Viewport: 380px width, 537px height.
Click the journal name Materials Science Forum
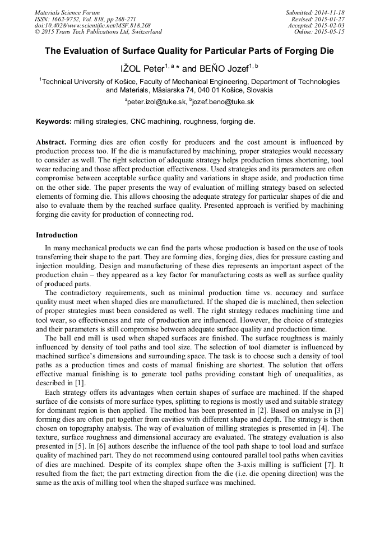tap(67, 12)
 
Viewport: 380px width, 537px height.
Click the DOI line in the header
tap(92, 26)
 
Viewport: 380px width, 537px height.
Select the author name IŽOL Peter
tap(142, 69)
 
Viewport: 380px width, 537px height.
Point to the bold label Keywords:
tap(54, 122)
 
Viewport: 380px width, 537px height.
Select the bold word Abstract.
tap(52, 143)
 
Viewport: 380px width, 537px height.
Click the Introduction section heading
tap(57, 235)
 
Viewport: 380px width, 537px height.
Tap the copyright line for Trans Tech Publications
tap(98, 32)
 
